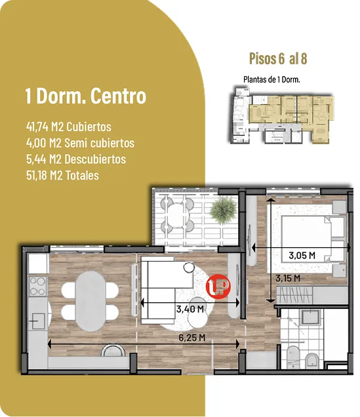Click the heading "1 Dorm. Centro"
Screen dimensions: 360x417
(86, 96)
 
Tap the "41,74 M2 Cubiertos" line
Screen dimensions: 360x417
(69, 127)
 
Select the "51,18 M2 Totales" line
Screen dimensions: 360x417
(62, 176)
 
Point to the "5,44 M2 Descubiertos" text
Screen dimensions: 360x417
(76, 159)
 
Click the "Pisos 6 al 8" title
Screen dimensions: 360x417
(278, 58)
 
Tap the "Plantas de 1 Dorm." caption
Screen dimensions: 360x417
(271, 79)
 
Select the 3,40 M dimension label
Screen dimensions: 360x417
(190, 309)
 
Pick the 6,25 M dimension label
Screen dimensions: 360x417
(192, 338)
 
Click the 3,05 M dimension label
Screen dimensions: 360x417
(302, 256)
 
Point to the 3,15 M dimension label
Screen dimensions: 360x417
(288, 279)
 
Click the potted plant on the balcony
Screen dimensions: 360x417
(223, 210)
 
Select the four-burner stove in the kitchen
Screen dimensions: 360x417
(38, 286)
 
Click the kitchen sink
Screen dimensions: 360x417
(37, 321)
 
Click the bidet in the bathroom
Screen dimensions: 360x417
(311, 360)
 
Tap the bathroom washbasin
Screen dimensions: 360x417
(310, 317)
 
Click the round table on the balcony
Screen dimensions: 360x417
(176, 214)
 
